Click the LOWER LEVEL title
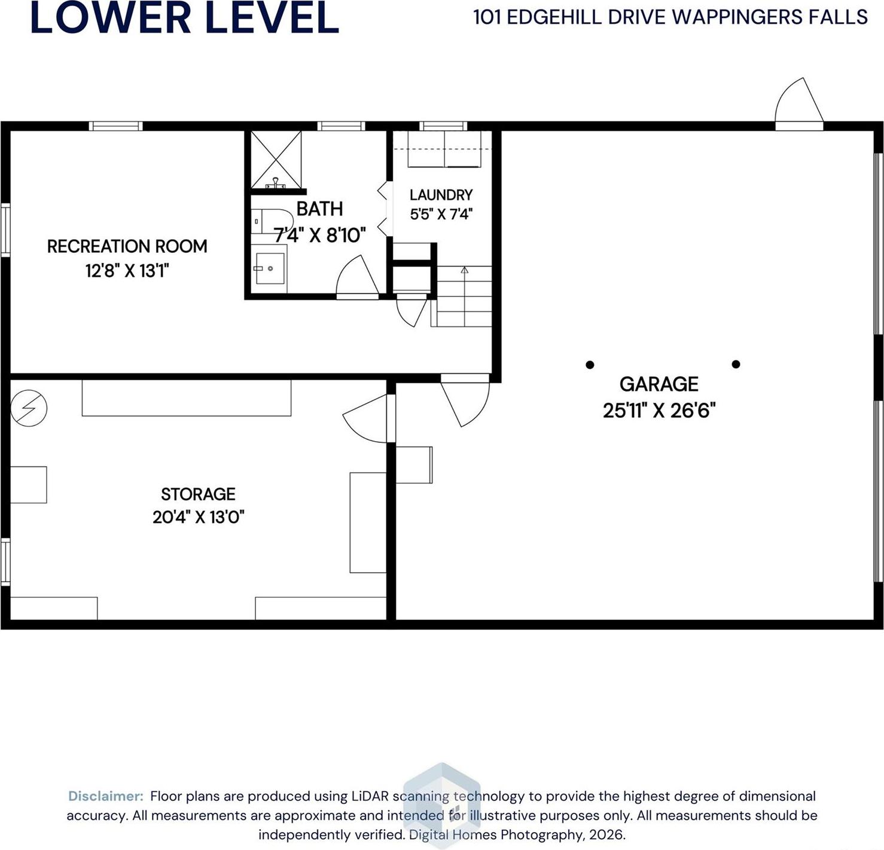(x=184, y=18)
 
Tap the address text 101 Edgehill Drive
(x=670, y=17)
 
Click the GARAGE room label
(x=659, y=384)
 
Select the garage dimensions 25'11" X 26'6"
(x=659, y=411)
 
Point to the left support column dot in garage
(x=590, y=365)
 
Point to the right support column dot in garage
(x=736, y=364)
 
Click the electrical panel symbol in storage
(x=29, y=408)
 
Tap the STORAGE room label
(x=198, y=494)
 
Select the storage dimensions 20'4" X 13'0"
(x=198, y=516)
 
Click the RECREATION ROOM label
(x=127, y=246)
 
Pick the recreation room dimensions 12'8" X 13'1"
(x=127, y=271)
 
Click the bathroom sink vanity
(x=269, y=269)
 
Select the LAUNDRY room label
(x=441, y=195)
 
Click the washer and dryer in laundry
(x=444, y=149)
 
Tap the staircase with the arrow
(x=464, y=296)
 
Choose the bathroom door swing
(x=357, y=276)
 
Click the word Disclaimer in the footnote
(x=106, y=796)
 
